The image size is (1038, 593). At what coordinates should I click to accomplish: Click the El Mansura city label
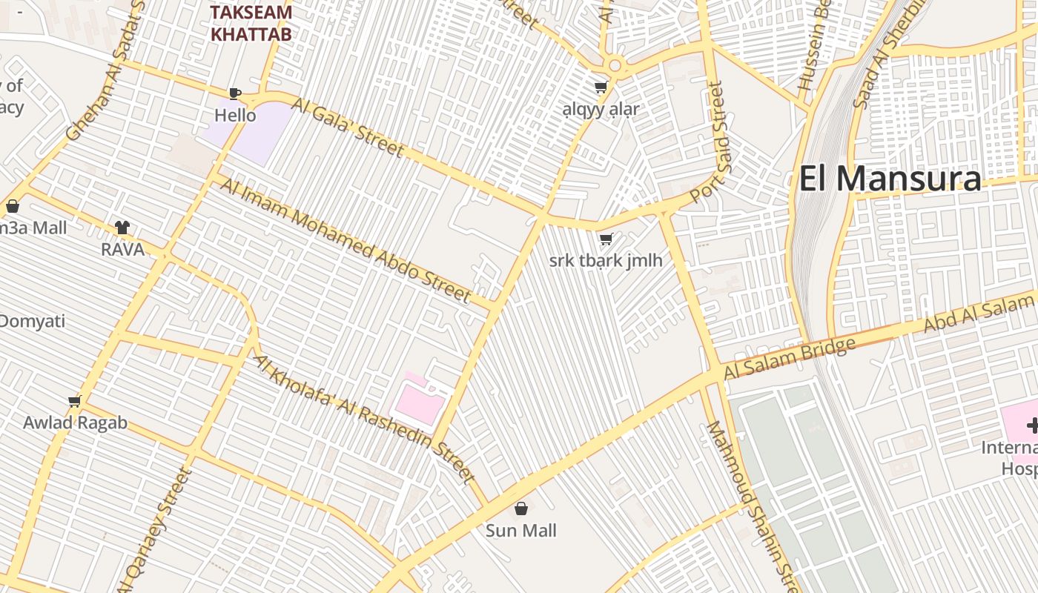[x=890, y=179]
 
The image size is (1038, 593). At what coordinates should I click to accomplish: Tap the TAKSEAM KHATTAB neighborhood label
[x=251, y=23]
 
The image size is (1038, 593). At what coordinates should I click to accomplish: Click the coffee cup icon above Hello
[x=235, y=93]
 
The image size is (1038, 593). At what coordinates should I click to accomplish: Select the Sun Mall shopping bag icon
[x=521, y=508]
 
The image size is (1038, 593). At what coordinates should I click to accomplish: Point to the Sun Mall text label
[x=521, y=531]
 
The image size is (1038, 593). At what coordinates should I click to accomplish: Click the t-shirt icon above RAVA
[x=122, y=228]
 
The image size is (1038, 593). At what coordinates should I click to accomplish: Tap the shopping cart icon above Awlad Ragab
[x=74, y=402]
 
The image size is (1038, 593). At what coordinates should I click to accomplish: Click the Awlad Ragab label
[x=75, y=423]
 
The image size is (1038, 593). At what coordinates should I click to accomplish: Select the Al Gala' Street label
[x=348, y=127]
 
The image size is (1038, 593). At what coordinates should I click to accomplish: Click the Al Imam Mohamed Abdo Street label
[x=346, y=241]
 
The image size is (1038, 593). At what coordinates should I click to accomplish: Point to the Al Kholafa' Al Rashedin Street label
[x=364, y=418]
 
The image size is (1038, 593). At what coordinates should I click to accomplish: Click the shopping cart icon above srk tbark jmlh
[x=606, y=239]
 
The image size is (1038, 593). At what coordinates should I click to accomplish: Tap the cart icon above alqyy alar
[x=601, y=87]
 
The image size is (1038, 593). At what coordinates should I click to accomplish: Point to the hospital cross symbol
[x=1032, y=425]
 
